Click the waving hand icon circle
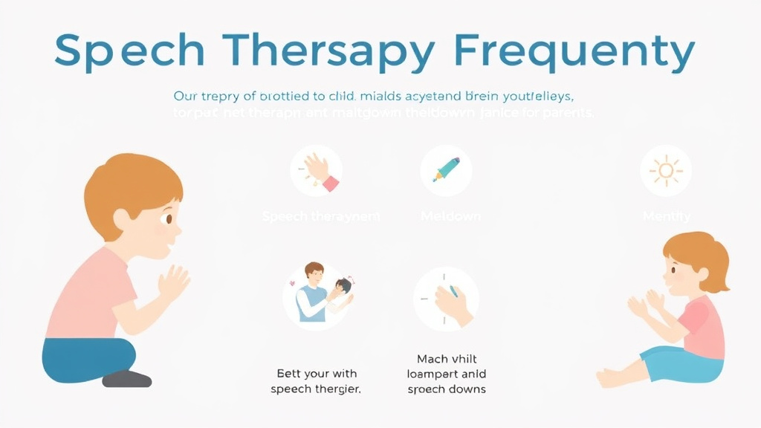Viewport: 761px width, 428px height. pos(317,170)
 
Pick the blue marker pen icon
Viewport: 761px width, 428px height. pos(446,169)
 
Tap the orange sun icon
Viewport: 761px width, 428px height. pos(665,170)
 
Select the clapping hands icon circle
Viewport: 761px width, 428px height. pos(446,299)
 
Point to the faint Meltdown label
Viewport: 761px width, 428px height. pos(450,217)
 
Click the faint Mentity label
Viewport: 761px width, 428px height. pos(666,217)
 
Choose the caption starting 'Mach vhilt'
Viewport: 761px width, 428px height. pos(447,374)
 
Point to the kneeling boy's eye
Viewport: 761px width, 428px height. pos(169,219)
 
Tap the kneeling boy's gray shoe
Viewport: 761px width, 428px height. pos(127,379)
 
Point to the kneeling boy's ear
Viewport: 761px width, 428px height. pos(123,221)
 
